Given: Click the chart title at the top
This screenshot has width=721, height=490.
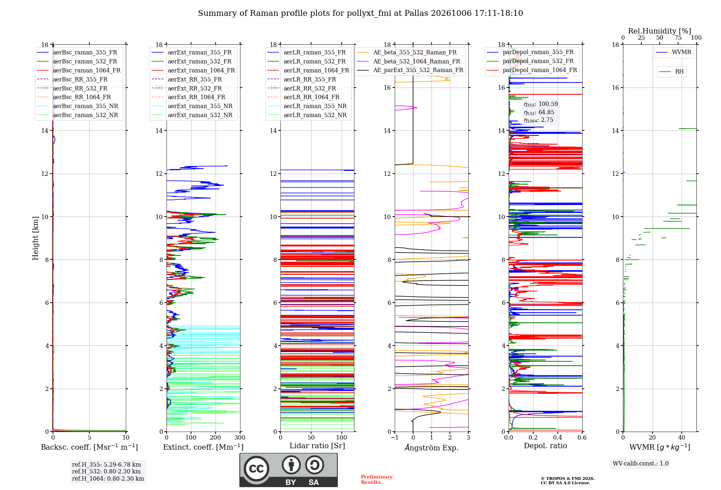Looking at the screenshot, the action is tap(360, 13).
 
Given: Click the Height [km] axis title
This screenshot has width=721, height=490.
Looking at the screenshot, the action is tap(35, 238).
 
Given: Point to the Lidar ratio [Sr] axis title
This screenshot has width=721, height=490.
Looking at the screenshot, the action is tap(317, 446).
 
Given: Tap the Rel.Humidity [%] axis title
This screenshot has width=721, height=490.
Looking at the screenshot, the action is tap(660, 31).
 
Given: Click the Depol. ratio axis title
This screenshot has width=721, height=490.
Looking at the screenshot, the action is tap(545, 446).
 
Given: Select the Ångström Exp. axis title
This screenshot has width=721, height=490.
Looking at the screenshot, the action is tap(432, 447).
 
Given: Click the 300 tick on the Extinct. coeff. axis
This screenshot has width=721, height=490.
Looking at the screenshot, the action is tap(240, 437).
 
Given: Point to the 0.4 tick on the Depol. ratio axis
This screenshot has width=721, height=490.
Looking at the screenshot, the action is tap(558, 437).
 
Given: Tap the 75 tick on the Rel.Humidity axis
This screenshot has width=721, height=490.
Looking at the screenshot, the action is tap(678, 37).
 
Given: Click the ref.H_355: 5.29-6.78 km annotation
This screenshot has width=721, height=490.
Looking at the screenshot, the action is tap(106, 464).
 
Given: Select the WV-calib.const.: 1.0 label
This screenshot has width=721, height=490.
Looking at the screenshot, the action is tap(641, 463).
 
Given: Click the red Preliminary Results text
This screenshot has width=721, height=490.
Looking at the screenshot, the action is tap(377, 480).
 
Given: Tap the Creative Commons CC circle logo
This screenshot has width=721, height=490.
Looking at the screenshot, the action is tap(256, 469).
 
